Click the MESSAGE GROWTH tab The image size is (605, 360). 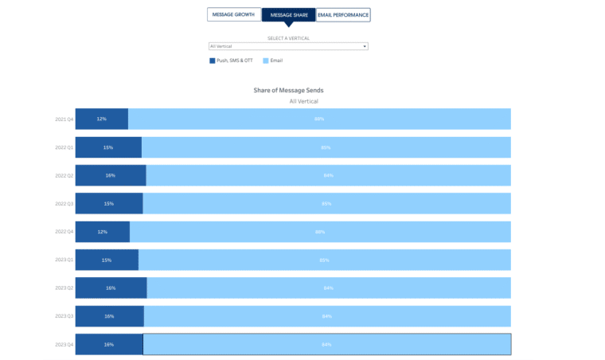point(233,14)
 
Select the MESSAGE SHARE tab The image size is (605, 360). point(288,14)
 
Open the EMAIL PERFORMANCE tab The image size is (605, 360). point(343,14)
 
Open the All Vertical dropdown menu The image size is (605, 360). point(287,46)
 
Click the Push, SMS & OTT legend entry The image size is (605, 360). point(232,61)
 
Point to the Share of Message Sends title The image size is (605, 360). point(288,90)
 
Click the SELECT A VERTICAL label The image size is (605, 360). point(288,38)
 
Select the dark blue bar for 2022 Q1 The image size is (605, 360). point(108,147)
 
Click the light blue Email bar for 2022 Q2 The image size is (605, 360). point(328,175)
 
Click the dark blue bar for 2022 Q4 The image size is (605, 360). point(102,232)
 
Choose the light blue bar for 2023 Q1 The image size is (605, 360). point(324,260)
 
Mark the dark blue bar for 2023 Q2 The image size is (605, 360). point(111,288)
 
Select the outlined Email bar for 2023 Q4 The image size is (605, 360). point(326,344)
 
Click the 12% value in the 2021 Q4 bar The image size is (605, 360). point(102,119)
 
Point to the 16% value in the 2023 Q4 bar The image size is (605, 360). point(108,344)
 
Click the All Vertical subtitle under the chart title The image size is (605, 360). point(303,102)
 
